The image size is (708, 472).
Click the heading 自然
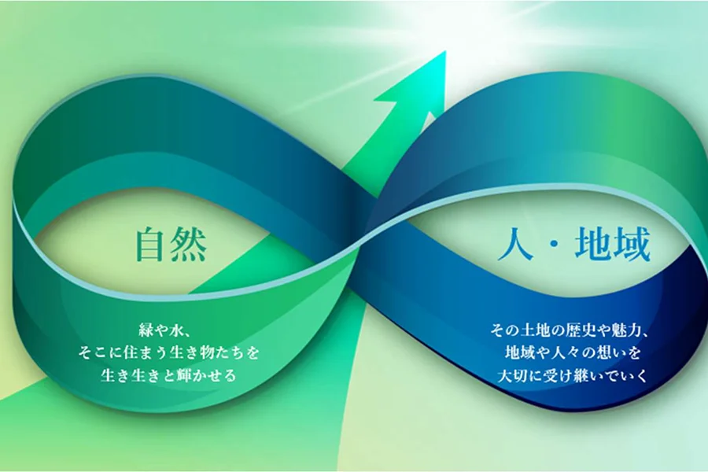point(171,245)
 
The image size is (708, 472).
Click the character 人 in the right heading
point(515,245)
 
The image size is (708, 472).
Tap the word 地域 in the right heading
point(613,245)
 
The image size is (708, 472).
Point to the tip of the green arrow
point(445,51)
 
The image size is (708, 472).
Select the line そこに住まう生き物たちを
point(168,352)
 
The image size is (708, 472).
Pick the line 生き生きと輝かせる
point(168,374)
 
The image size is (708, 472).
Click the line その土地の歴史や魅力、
point(570,330)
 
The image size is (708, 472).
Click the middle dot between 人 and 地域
point(555,245)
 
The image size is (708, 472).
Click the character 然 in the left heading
point(190,245)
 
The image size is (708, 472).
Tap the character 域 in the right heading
point(632,245)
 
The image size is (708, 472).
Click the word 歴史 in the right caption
point(582,330)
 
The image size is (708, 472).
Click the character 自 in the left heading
point(153,245)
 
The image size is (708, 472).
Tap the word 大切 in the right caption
point(512,374)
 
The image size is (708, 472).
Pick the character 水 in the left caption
point(176,331)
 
